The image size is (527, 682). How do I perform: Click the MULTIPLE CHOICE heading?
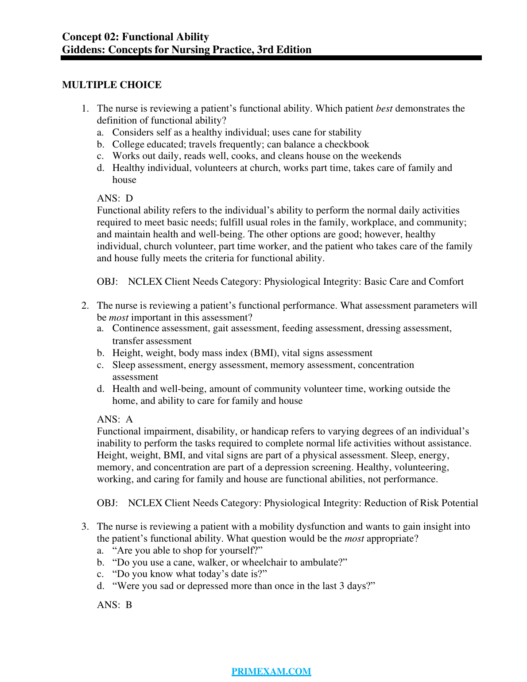coord(112,85)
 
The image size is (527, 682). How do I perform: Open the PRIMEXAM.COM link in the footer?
coord(271,671)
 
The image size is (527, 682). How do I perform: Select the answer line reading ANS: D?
coord(115,198)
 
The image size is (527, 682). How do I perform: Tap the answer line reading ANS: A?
coord(115,419)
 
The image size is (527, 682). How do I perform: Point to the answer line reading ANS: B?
coord(114,605)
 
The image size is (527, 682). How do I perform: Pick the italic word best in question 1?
coord(384,108)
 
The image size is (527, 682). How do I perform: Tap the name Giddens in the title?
coord(83,50)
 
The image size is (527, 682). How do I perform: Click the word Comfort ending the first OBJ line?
coord(447,282)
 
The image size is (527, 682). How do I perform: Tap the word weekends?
coord(381,156)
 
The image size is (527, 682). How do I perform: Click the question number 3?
coord(85,527)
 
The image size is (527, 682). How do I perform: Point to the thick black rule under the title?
coord(271,58)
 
